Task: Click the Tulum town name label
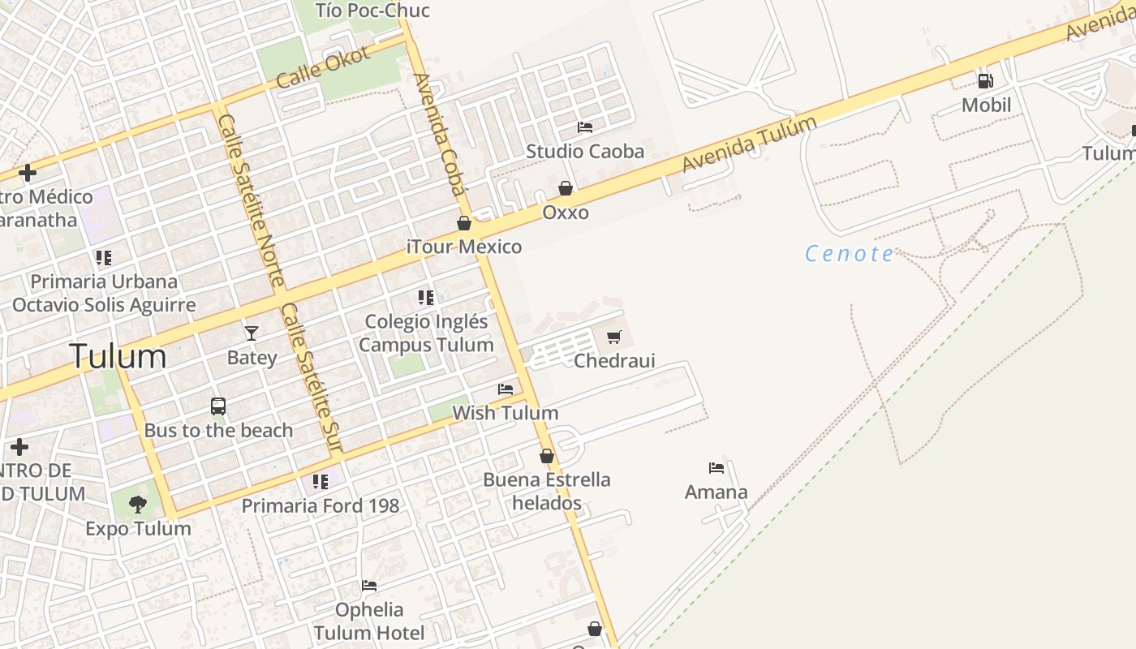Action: pyautogui.click(x=118, y=356)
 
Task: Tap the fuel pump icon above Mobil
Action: pyautogui.click(x=985, y=80)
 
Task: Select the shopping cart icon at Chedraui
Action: pyautogui.click(x=614, y=336)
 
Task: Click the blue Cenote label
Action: pyautogui.click(x=849, y=254)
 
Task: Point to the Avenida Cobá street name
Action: pyautogui.click(x=441, y=135)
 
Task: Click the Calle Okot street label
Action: pyautogui.click(x=323, y=67)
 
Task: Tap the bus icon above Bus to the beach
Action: pyautogui.click(x=218, y=406)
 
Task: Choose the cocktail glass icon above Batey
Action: pyautogui.click(x=252, y=333)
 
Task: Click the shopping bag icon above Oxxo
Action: pyautogui.click(x=566, y=188)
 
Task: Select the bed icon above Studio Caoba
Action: pyautogui.click(x=584, y=127)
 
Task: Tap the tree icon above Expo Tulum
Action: pyautogui.click(x=138, y=505)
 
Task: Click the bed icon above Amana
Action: pyautogui.click(x=716, y=468)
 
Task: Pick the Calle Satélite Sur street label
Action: pyautogui.click(x=312, y=378)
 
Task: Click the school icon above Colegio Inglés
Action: pyautogui.click(x=426, y=298)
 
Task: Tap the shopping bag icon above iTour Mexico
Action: pyautogui.click(x=464, y=223)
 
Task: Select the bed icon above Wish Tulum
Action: pyautogui.click(x=506, y=389)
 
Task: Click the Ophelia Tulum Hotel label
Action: pyautogui.click(x=369, y=621)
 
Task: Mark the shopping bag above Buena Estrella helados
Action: pyautogui.click(x=547, y=456)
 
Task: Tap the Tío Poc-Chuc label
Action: pyautogui.click(x=372, y=11)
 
